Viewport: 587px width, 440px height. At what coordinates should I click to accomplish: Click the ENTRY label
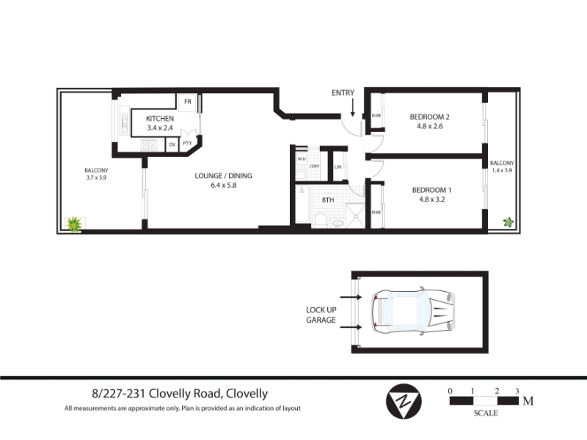[x=343, y=93]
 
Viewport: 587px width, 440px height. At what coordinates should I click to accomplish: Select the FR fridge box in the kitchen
[x=187, y=102]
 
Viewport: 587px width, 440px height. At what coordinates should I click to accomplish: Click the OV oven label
[x=172, y=144]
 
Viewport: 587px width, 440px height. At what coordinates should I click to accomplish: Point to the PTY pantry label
[x=187, y=143]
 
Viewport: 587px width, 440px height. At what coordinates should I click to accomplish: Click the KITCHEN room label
[x=160, y=119]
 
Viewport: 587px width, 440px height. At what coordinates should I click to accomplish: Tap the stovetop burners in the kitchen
[x=149, y=145]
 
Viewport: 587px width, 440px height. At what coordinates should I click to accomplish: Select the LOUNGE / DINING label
[x=224, y=176]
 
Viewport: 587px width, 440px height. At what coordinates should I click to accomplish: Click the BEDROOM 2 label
[x=430, y=117]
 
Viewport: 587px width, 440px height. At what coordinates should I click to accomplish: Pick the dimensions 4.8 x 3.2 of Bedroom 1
[x=431, y=199]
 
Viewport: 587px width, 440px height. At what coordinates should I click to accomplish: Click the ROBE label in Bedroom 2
[x=376, y=116]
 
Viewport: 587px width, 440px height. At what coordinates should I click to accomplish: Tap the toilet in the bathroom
[x=321, y=219]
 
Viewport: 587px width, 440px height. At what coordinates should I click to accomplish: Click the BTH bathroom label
[x=328, y=200]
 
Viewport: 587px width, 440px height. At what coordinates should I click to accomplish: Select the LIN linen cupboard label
[x=338, y=167]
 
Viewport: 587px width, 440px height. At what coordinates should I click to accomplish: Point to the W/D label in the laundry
[x=302, y=159]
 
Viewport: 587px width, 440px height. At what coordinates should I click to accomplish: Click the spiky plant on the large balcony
[x=74, y=224]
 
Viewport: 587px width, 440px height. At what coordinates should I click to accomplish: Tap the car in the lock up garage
[x=413, y=311]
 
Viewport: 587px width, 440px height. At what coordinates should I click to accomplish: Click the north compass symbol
[x=404, y=401]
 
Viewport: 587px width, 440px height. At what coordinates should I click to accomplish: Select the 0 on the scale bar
[x=450, y=391]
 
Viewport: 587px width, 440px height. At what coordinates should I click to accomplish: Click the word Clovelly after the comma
[x=247, y=394]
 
